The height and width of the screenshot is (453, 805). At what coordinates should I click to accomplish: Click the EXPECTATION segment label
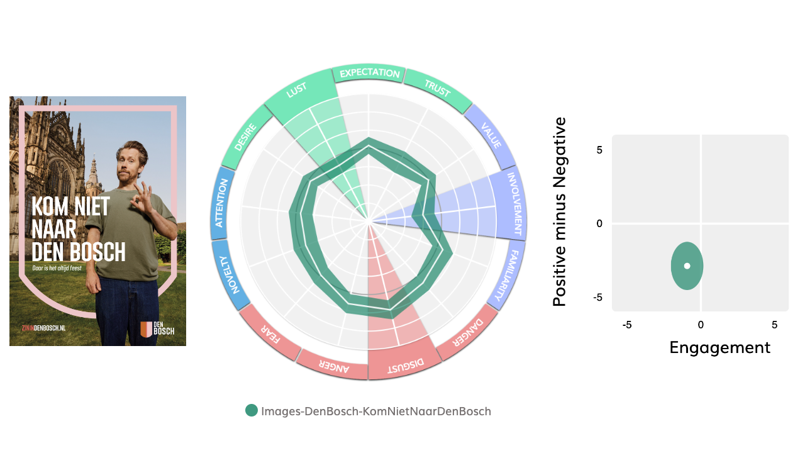[369, 73]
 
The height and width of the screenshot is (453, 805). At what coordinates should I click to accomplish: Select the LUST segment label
[296, 92]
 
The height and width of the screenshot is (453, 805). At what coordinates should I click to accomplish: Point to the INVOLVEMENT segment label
[514, 203]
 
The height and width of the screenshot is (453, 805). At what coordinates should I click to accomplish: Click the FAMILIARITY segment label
[506, 276]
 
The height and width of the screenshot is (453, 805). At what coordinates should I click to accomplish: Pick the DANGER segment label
[469, 332]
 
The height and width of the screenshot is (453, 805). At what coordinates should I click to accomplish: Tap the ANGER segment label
[333, 366]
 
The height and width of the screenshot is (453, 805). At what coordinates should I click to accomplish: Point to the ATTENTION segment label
[220, 203]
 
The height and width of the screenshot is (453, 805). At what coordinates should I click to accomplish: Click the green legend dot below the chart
[252, 411]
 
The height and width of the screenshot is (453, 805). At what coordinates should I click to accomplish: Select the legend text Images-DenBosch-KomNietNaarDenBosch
[376, 411]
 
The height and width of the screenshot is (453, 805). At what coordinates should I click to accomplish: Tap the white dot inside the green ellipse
[687, 266]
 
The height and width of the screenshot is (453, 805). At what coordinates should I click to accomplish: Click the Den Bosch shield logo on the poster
[146, 329]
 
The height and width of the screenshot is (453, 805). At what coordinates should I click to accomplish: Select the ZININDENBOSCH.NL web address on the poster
[43, 329]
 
